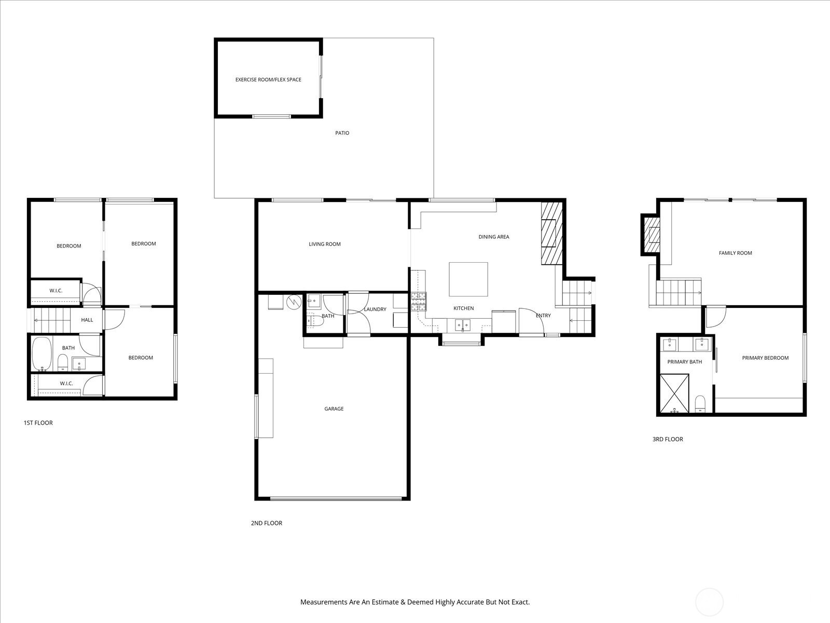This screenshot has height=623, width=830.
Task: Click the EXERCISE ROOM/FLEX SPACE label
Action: [268, 79]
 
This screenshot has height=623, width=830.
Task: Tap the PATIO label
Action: [342, 133]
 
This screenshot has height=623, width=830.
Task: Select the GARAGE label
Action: [334, 409]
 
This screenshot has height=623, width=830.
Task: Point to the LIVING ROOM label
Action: [324, 244]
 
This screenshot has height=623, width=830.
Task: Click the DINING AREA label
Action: [494, 237]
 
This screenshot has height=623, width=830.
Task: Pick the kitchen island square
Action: [468, 279]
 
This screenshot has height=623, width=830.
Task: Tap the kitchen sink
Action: [462, 325]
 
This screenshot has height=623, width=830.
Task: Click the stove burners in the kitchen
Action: [419, 302]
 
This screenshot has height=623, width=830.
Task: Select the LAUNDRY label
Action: [375, 309]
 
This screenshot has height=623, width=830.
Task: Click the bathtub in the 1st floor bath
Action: [41, 354]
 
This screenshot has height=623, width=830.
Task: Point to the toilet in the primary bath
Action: [700, 403]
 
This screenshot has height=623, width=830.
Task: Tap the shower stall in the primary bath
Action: [674, 393]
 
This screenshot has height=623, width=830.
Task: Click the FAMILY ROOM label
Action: [735, 253]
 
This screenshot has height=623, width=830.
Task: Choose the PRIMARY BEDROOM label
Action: [765, 358]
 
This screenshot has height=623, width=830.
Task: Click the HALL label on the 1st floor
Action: [87, 320]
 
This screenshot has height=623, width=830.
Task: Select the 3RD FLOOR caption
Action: [668, 439]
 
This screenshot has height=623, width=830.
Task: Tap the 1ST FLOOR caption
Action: [38, 423]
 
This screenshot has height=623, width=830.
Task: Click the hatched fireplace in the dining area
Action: [552, 233]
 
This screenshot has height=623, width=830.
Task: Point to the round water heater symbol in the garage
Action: [294, 302]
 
